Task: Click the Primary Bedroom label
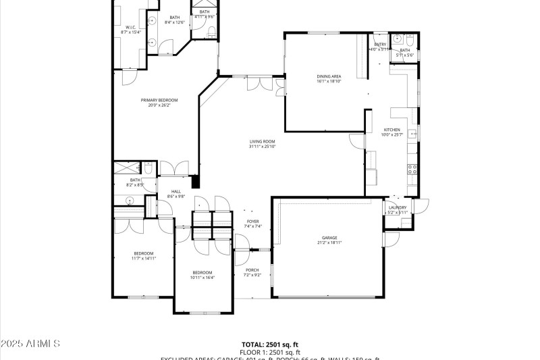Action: [x=159, y=100]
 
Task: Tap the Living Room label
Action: [x=263, y=141]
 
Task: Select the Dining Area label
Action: [x=329, y=76]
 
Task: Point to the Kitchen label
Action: [x=391, y=130]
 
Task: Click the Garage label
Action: [x=329, y=238]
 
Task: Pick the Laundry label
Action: [x=397, y=207]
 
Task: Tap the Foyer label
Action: [x=252, y=222]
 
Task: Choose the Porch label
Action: [x=252, y=270]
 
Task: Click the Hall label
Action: [x=175, y=192]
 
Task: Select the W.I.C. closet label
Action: [x=131, y=28]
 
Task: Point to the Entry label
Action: [x=380, y=45]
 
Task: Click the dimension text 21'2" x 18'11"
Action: [x=329, y=242]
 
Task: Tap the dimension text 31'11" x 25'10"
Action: [x=263, y=146]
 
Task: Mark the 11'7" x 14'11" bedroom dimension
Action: [x=144, y=258]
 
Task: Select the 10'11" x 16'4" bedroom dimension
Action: [x=202, y=277]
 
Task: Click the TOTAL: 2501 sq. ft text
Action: [x=269, y=344]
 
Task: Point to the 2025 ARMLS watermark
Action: [x=30, y=344]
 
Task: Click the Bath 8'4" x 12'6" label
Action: [x=175, y=18]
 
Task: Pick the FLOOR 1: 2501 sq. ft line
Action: [x=269, y=352]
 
